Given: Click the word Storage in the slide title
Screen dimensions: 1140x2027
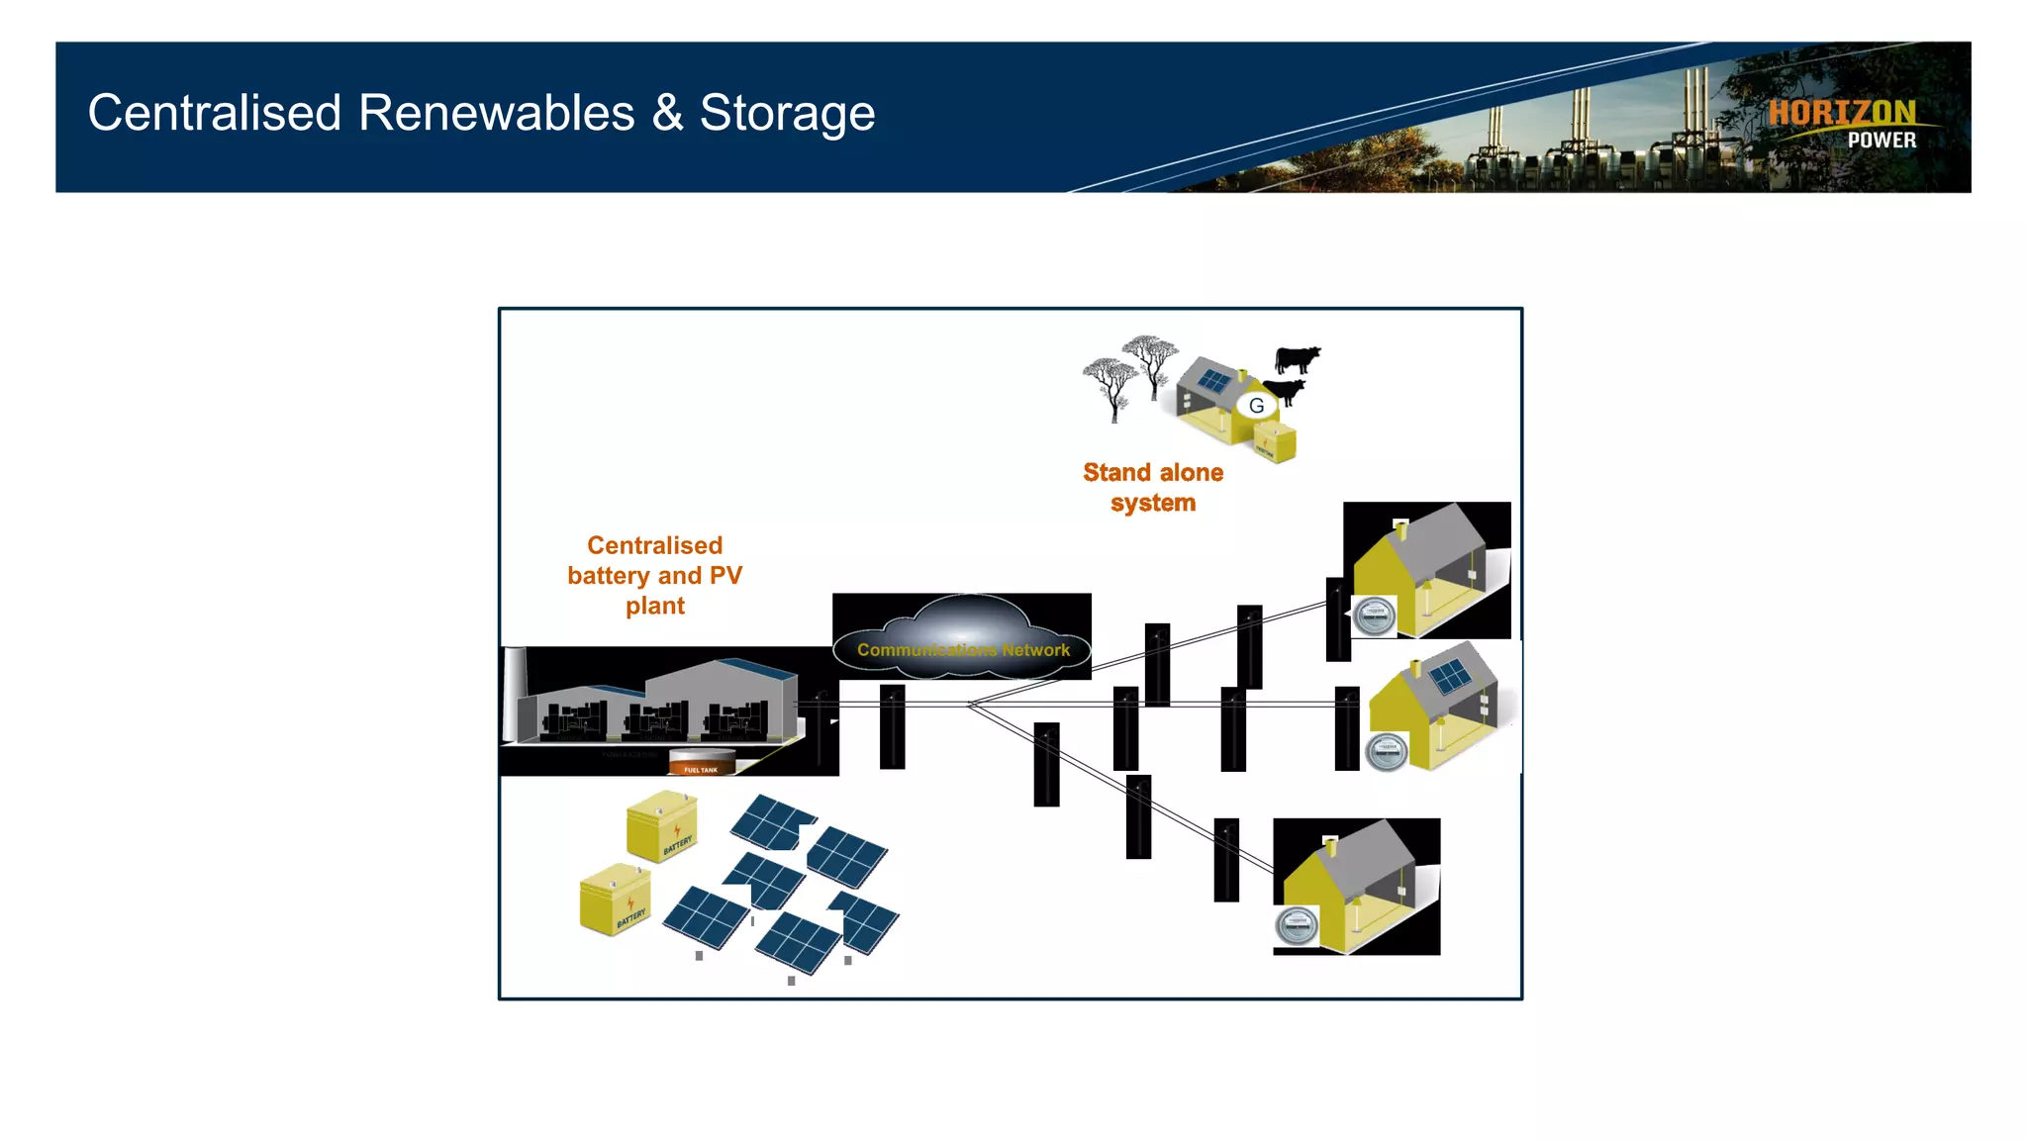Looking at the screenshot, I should pos(787,114).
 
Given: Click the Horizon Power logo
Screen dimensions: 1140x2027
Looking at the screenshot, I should pos(1843,124).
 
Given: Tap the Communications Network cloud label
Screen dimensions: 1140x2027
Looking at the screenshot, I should pos(963,650).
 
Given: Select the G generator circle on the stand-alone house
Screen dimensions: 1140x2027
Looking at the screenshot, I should pos(1256,406).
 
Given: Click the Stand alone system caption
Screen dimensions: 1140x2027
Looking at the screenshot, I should pos(1153,487).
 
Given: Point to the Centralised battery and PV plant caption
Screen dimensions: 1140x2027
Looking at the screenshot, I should pos(654,575).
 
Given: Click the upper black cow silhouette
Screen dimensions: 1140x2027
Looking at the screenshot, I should pos(1297,358).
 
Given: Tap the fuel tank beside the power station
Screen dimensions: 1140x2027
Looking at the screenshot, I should pos(702,762).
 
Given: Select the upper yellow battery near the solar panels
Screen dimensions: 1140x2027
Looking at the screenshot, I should pos(661,826).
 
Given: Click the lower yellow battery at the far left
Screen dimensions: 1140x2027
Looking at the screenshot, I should pos(615,900).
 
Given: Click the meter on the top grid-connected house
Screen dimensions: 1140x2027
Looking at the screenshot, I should pos(1374,617).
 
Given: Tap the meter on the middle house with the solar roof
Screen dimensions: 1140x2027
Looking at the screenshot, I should pos(1386,752).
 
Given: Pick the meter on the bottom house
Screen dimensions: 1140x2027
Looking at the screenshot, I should pos(1296,927).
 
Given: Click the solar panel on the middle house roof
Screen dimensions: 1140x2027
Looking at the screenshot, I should pos(1451,677).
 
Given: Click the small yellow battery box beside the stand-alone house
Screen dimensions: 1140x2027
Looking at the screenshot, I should pos(1275,441).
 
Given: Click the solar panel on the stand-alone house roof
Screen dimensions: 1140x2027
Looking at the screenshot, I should pos(1214,381).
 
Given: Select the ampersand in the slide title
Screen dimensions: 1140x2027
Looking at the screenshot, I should pos(667,114).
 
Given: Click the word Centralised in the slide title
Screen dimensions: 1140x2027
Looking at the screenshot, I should pos(214,114).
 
